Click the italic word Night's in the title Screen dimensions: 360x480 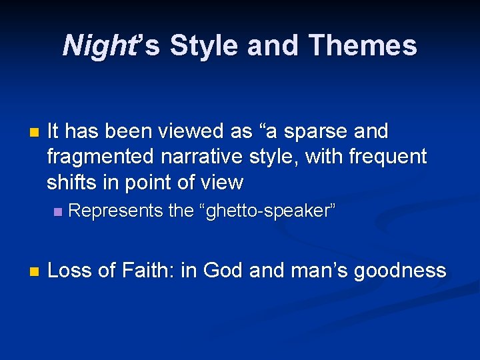[111, 46]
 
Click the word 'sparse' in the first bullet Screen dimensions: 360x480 [311, 132]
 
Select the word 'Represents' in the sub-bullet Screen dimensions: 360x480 [116, 211]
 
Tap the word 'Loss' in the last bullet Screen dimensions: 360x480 [70, 270]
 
